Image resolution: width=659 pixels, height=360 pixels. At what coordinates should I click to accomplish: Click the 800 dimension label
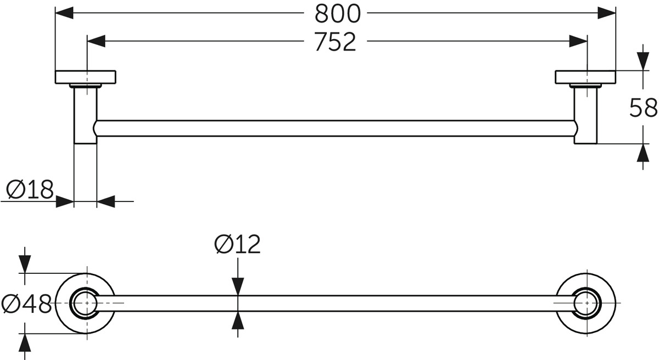pos(337,14)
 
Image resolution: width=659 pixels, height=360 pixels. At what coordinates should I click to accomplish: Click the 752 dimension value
pos(335,42)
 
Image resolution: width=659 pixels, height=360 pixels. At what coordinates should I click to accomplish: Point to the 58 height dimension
pos(643,108)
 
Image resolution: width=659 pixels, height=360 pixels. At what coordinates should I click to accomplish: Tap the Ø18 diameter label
pos(30,189)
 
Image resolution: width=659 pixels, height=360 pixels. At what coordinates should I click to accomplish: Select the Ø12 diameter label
pos(237,244)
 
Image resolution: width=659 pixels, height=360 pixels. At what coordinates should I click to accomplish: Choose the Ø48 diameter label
pos(26,305)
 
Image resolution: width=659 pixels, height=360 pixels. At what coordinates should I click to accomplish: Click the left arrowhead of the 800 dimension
pos(64,13)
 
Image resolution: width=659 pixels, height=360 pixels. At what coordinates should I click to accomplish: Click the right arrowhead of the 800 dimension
pos(607,13)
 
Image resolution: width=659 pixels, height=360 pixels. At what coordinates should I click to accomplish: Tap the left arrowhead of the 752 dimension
pos(96,41)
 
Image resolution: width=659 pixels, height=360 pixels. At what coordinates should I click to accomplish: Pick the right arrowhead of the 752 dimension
pos(578,41)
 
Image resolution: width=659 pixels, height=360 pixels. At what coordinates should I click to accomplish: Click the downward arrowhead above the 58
pos(643,61)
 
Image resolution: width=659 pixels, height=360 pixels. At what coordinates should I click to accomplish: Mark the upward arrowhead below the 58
pos(643,153)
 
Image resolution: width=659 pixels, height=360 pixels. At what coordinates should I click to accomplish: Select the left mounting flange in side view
pos(85,77)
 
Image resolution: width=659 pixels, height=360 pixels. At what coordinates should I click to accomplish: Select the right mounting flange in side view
pos(585,77)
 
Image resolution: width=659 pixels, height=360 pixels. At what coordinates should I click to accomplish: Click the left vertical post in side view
pos(85,115)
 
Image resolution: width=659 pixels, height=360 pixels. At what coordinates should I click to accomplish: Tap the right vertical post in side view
pos(585,115)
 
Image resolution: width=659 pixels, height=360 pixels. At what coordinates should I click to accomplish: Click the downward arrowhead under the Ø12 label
pos(238,286)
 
